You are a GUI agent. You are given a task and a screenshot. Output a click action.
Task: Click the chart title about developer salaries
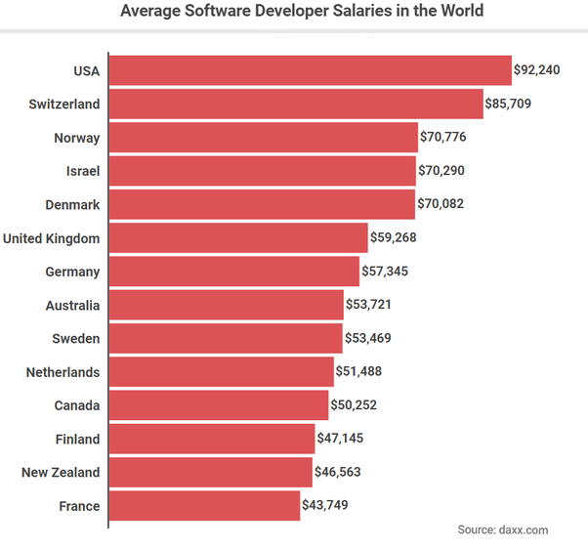pos(301,12)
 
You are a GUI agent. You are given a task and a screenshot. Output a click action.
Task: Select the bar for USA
pos(310,70)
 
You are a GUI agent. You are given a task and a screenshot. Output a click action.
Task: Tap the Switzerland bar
pos(296,104)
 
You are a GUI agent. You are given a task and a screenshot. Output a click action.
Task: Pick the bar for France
pos(204,505)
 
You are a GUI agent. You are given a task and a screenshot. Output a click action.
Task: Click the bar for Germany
pos(234,271)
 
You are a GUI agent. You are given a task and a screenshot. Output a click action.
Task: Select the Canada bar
pos(219,404)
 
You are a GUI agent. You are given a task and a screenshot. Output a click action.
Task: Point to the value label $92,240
pos(537,70)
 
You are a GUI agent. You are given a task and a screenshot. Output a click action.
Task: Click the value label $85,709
pos(509,104)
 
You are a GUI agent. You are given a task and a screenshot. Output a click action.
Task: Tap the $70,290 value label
pos(442,171)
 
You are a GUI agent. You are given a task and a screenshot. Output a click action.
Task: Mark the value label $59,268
pos(394,237)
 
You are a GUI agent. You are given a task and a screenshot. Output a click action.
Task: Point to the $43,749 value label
pos(325,505)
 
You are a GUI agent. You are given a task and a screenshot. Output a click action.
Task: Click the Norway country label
pos(76,138)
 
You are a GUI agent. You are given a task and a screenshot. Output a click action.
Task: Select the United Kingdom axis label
pos(52,237)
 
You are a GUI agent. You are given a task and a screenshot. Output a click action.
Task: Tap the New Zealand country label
pos(61,472)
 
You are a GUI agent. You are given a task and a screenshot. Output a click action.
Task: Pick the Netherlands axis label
pos(63,372)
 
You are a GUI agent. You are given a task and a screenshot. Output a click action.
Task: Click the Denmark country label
pos(72,204)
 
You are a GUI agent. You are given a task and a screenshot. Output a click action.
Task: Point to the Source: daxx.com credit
pos(503,529)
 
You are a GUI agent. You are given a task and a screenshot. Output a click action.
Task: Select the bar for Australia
pos(227,305)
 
